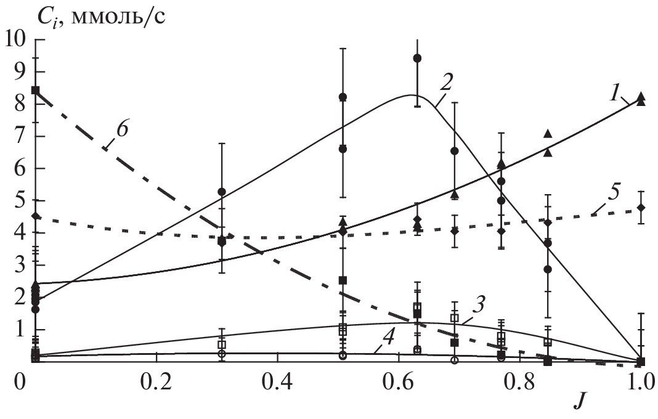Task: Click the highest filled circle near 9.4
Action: coord(417,58)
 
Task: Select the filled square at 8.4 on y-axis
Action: coord(35,90)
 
